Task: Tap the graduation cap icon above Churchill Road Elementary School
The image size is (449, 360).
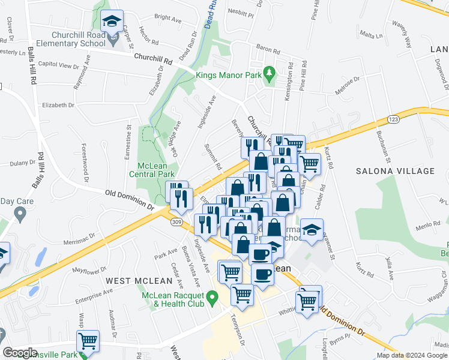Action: point(111,22)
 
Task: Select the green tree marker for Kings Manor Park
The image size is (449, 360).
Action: point(270,71)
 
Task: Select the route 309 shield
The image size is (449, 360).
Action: point(175,222)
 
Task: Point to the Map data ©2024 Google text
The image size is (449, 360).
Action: point(411,355)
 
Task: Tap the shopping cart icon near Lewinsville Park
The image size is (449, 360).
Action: point(88,341)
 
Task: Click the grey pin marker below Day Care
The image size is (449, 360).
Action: point(20,213)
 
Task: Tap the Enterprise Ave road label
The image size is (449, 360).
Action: point(94,295)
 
